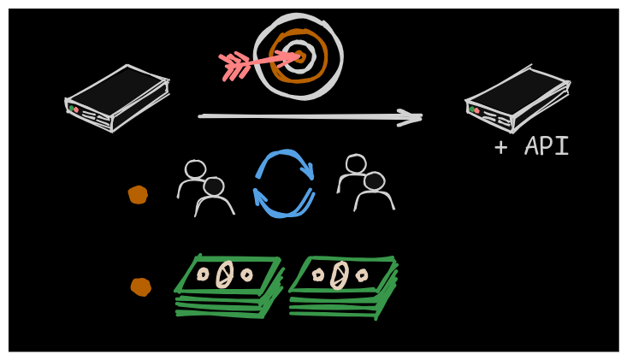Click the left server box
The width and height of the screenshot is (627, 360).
point(116,97)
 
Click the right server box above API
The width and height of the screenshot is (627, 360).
point(517,98)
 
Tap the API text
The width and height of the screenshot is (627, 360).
point(547,147)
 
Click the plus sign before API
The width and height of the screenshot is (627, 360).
point(501,147)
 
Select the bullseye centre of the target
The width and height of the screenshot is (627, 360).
point(298,56)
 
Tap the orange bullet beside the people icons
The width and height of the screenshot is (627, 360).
point(138,195)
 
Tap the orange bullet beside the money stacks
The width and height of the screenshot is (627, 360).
point(140,286)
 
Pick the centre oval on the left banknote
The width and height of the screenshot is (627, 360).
point(225,274)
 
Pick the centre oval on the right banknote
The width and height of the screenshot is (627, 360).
point(340,274)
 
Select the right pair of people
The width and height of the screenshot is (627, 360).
point(365,182)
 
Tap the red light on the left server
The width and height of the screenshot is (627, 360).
point(76,109)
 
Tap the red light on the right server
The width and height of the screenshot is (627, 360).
point(476,109)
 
